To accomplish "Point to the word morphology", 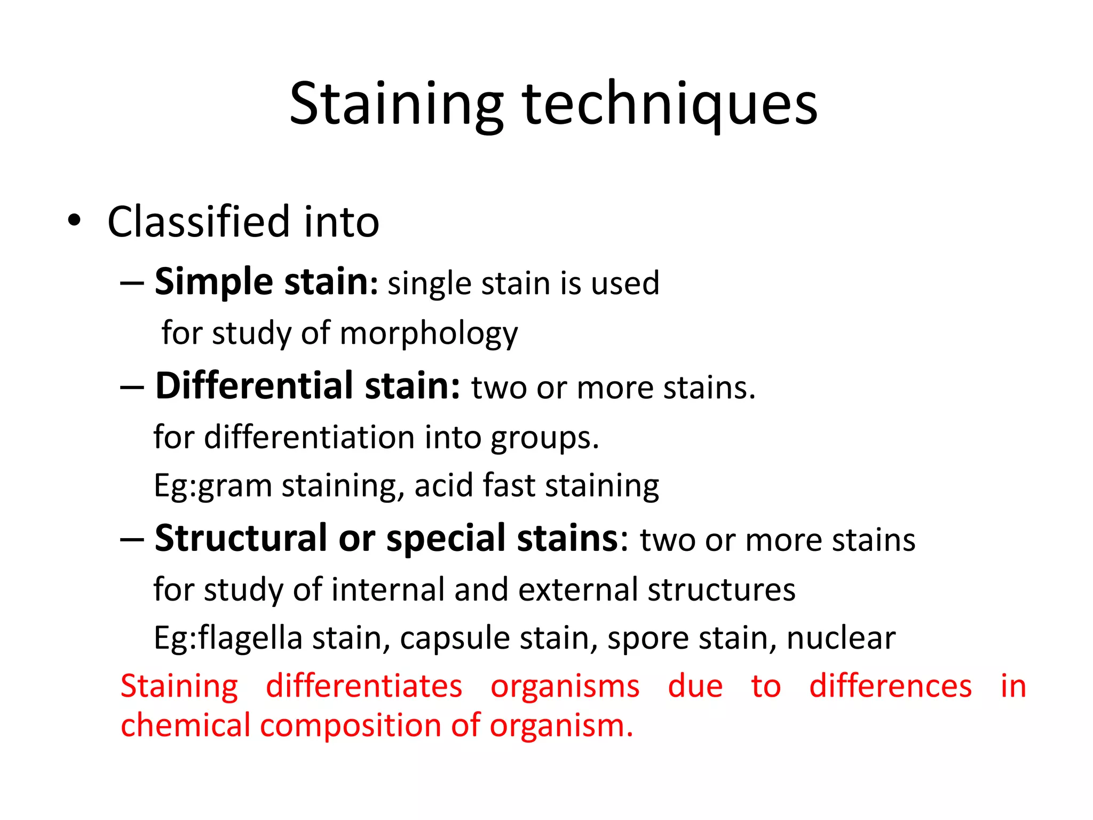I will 429,334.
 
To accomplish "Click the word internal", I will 388,589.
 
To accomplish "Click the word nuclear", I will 841,638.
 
